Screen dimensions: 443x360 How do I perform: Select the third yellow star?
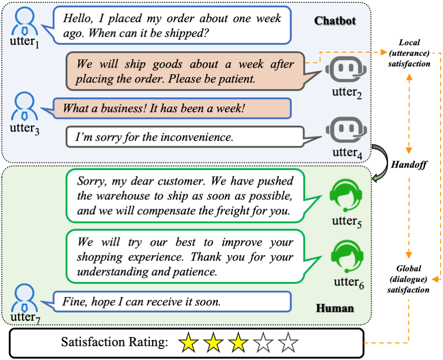coord(238,343)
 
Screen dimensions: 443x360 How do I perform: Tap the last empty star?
coord(289,343)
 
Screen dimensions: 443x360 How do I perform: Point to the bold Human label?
coord(335,308)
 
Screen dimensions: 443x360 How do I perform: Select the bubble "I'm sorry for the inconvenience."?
coord(185,137)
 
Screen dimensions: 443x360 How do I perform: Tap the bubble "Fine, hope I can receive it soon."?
coord(173,302)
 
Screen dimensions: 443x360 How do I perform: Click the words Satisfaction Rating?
coord(114,343)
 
